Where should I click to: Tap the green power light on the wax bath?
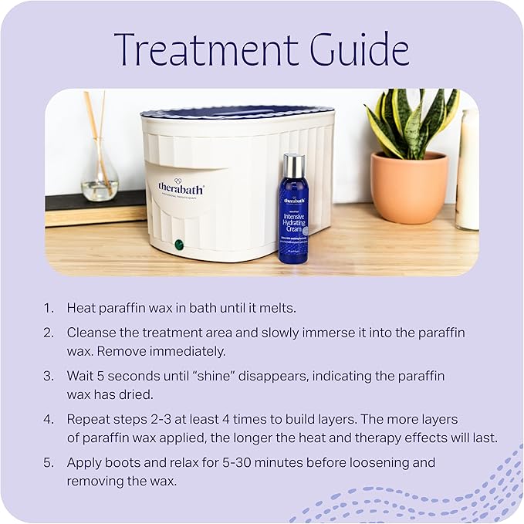179,245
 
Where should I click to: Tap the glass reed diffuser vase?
100,181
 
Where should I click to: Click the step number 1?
48,308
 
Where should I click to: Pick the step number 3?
49,376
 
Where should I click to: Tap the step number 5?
49,462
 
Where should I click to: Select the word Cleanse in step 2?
90,333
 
